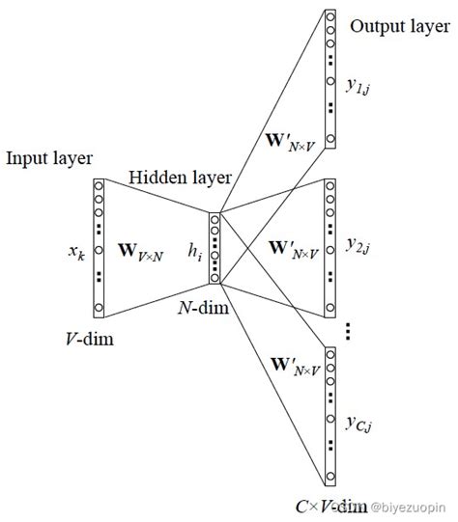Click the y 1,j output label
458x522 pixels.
358,89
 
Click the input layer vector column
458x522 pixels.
99,247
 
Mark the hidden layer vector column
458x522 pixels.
215,249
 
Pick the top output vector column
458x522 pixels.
330,79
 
